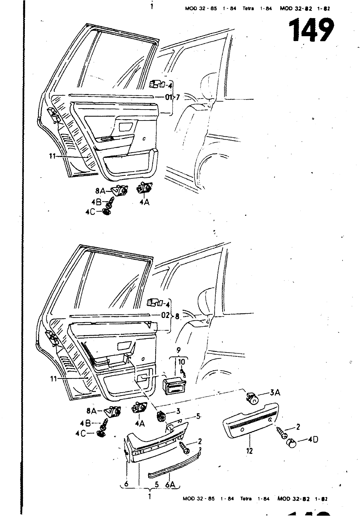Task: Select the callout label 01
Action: pos(169,97)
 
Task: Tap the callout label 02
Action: pos(165,315)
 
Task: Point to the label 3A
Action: pos(275,393)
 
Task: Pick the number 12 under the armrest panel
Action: pos(249,450)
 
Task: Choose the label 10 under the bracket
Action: pos(182,362)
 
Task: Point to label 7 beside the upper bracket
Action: pos(178,97)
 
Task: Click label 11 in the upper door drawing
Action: pos(53,156)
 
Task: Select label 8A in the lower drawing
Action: pos(92,411)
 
